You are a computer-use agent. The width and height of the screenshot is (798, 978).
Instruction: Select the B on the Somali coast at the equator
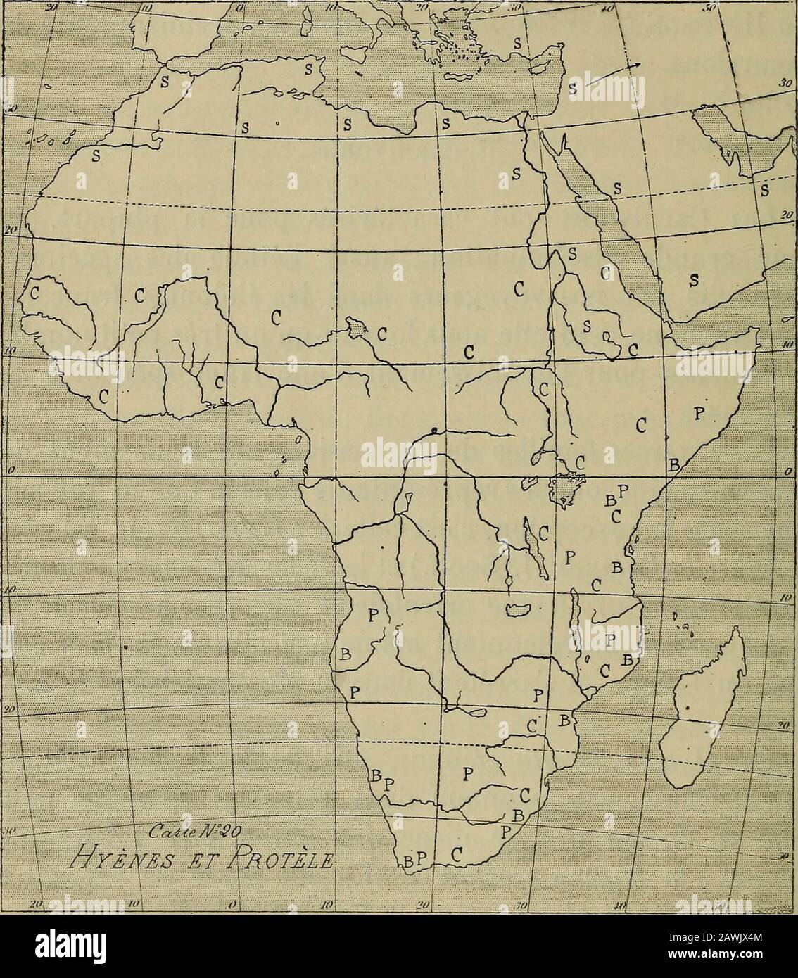click(673, 464)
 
